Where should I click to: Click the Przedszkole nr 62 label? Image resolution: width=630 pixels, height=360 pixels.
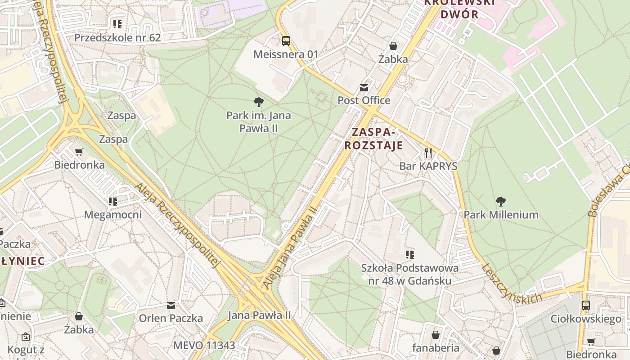[x=117, y=38]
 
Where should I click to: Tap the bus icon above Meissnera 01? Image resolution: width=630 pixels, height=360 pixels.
[x=286, y=41]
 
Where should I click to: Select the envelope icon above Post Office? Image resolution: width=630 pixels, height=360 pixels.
[x=364, y=87]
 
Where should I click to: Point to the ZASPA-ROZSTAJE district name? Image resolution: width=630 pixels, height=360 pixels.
[x=377, y=139]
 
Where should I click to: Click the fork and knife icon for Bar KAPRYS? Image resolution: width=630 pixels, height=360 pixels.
[x=428, y=153]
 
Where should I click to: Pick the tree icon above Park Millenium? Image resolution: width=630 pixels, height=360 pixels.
[x=501, y=201]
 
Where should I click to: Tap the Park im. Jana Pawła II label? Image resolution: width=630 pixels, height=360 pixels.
[x=258, y=122]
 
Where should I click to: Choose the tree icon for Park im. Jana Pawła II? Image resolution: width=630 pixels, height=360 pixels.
[x=258, y=102]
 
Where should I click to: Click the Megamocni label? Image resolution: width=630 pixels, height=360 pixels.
[x=113, y=215]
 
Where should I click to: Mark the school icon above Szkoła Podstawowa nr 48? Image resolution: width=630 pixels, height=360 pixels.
[x=409, y=255]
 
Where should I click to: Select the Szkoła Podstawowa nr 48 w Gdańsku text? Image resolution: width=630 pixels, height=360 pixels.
[x=410, y=274]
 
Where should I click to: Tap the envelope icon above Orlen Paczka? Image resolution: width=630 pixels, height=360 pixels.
[x=171, y=306]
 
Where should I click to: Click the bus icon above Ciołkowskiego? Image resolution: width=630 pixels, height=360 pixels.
[x=586, y=306]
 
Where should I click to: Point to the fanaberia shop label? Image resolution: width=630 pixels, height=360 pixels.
[x=436, y=348]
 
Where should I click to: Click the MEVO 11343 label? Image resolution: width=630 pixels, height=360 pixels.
[x=204, y=346]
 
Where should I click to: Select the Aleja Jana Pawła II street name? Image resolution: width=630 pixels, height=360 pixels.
[x=291, y=247]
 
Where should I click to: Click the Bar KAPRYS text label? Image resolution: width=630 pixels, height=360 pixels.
[x=428, y=166]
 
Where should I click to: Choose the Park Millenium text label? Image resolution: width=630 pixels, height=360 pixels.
[x=501, y=215]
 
